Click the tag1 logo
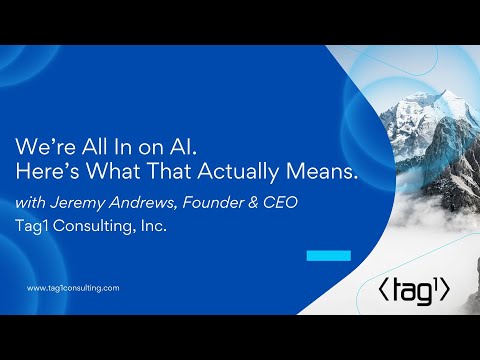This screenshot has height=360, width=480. [x=415, y=290]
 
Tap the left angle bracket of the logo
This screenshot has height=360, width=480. [x=383, y=291]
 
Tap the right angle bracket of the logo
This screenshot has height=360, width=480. [x=446, y=291]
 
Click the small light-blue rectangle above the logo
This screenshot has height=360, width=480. [x=328, y=256]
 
